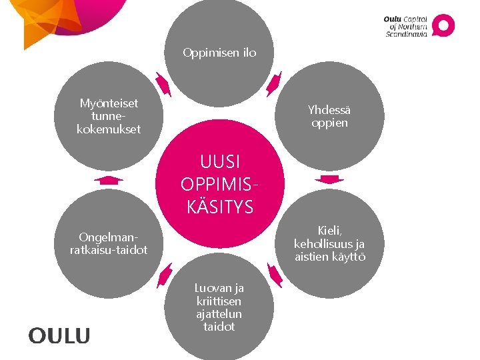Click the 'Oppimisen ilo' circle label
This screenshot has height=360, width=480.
(219, 53)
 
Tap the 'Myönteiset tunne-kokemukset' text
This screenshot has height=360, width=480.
(109, 116)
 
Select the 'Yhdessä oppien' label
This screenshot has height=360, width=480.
(329, 116)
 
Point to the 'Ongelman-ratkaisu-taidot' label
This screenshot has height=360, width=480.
(109, 243)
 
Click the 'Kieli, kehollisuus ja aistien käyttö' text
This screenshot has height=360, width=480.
(329, 243)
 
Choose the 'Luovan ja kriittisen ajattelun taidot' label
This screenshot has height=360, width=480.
(219, 307)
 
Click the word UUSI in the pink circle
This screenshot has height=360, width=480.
(220, 162)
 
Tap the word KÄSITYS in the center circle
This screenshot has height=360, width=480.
(220, 207)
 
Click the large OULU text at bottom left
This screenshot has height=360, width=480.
(59, 336)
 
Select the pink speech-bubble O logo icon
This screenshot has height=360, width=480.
(443, 25)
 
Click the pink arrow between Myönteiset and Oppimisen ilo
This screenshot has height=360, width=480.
(163, 85)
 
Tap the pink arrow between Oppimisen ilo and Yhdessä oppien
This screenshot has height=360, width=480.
(274, 85)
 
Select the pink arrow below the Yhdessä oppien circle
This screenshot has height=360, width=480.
(329, 179)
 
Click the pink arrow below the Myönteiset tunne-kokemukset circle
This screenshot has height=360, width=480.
(109, 179)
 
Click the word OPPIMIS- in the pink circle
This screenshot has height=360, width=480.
(220, 185)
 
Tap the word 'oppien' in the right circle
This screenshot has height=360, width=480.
(329, 123)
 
